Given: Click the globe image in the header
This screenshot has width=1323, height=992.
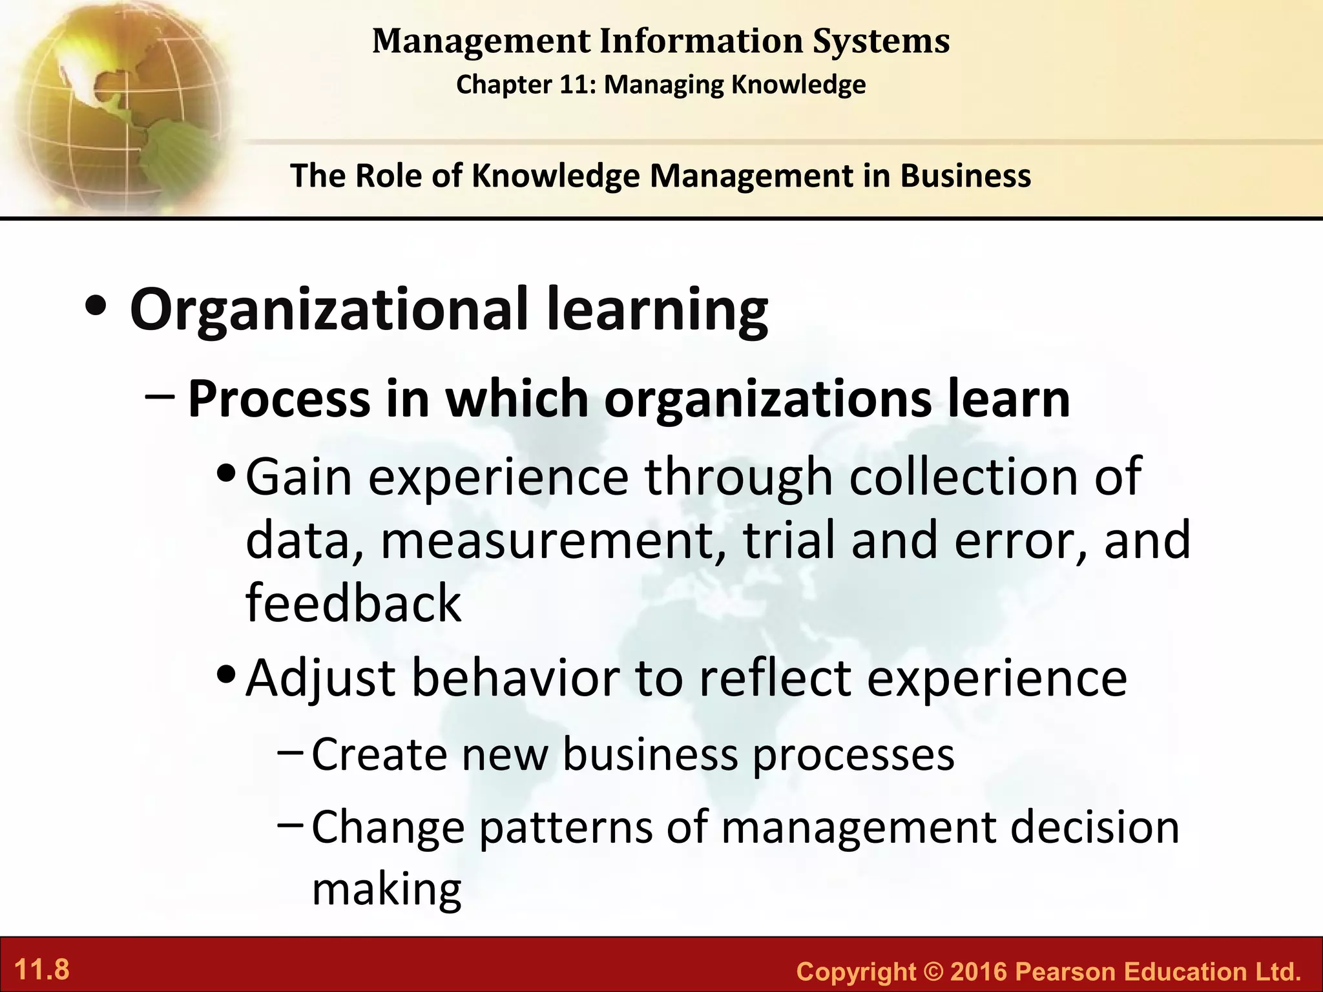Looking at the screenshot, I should click(x=116, y=103).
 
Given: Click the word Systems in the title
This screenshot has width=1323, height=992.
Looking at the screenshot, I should click(x=881, y=41).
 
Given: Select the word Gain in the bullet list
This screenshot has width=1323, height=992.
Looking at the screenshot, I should click(x=298, y=477).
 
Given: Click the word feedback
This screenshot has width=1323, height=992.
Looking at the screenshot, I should click(x=353, y=603).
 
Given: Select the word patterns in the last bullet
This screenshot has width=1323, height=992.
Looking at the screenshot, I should click(x=566, y=827).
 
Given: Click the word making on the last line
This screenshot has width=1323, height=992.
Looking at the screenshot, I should click(x=386, y=889).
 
